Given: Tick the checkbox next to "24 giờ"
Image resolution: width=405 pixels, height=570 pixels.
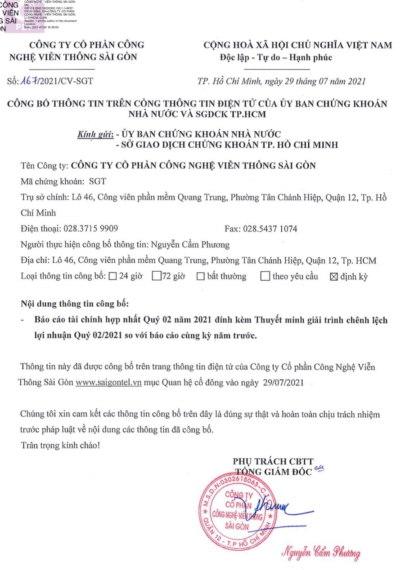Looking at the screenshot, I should tap(112, 276).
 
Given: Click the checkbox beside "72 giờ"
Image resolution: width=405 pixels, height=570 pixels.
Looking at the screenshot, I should tap(156, 276).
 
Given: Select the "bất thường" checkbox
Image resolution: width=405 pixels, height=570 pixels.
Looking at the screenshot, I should tap(200, 276).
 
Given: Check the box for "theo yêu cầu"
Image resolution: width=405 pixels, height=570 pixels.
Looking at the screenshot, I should tap(265, 276).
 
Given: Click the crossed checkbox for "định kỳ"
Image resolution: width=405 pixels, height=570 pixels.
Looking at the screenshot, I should tap(333, 276).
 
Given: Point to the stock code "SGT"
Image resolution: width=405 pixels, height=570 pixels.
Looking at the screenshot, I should tap(98, 181).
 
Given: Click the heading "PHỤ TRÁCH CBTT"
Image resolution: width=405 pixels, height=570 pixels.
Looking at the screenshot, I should tap(273, 460).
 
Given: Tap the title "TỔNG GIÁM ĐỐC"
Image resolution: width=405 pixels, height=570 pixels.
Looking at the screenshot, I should tap(274, 471).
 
